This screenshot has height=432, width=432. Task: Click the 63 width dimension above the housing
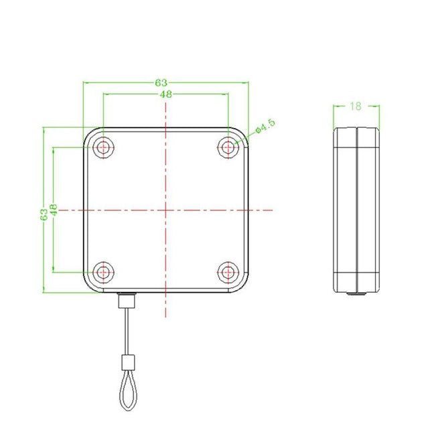tap(161, 82)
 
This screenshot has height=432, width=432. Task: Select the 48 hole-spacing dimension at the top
tap(166, 94)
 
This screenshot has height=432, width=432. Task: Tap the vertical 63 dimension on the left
tap(44, 214)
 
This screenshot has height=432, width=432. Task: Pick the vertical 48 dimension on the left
tap(54, 210)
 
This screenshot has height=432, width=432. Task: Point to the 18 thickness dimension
tap(356, 106)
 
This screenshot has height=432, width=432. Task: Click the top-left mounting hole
tap(102, 147)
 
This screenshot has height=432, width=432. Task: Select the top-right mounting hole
tap(229, 147)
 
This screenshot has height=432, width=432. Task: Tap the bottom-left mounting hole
tap(102, 272)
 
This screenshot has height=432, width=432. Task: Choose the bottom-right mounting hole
tap(229, 272)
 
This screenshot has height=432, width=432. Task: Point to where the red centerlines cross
tap(165, 210)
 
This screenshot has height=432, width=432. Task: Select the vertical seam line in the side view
tap(356, 209)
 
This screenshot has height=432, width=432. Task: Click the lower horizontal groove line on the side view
tap(356, 274)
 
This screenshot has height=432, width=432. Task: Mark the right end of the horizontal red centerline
tap(273, 210)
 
